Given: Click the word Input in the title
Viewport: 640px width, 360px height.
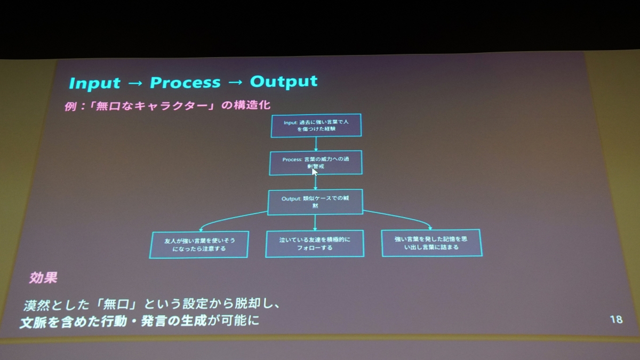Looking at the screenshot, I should pos(95,83).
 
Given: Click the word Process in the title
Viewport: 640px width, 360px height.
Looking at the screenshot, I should pos(185,83).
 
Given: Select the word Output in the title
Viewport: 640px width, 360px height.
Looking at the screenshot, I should pos(284,82).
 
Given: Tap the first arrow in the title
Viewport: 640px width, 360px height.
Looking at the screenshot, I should pos(135,84).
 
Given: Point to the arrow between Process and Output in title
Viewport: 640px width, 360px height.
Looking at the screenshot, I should pos(235,83).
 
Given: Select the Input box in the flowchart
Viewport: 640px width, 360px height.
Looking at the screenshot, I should pos(316,125).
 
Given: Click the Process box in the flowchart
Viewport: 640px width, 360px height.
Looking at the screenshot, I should pos(316,162).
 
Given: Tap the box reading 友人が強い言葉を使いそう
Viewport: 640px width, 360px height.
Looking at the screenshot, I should pos(199,244).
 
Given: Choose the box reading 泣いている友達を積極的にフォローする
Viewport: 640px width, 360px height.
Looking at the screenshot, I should pos(314,243).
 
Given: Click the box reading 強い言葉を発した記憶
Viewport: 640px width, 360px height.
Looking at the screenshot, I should pos(431,243).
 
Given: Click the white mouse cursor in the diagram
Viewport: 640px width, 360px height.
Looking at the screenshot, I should pos(315,172).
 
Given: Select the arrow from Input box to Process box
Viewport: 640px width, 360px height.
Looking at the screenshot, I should pos(316,143).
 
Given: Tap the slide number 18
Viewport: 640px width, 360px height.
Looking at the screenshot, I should pos(615,319).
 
